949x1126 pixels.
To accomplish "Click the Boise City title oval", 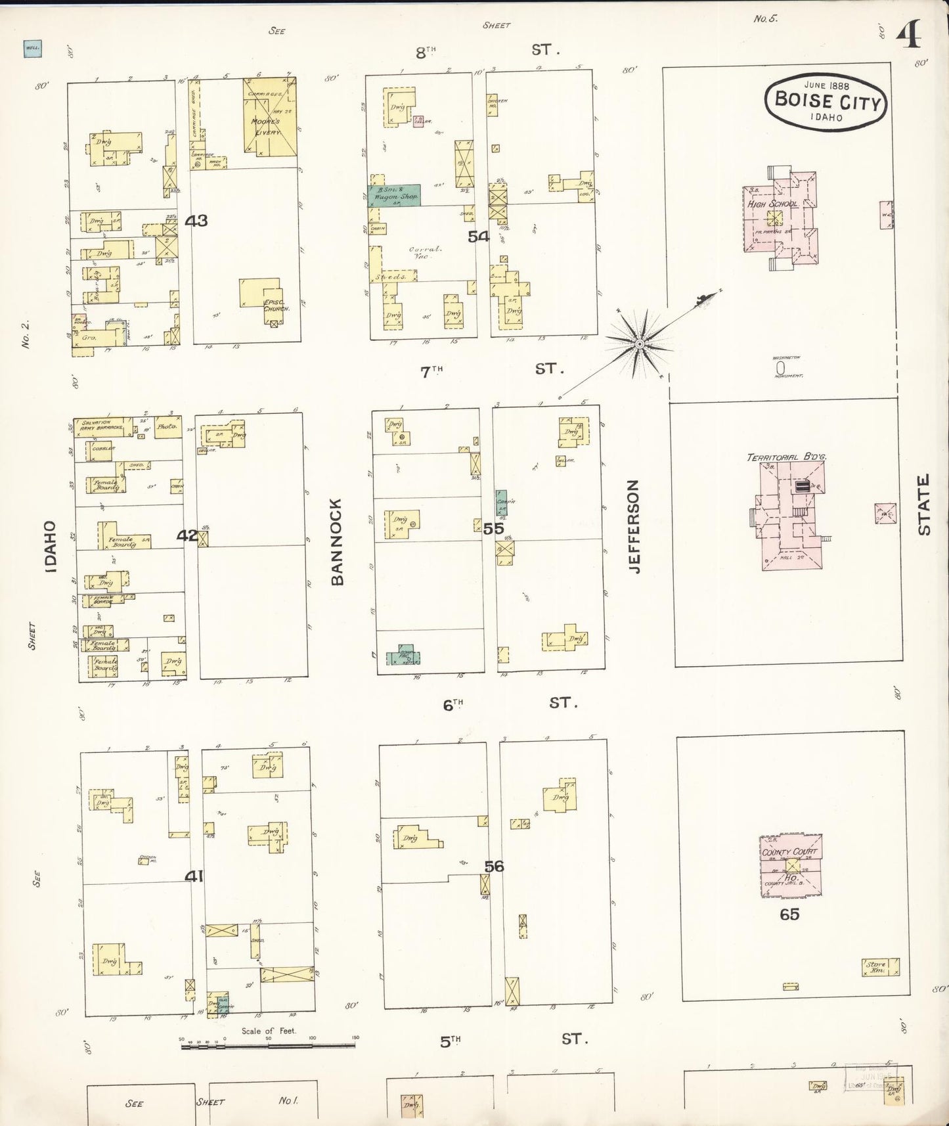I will click(826, 101).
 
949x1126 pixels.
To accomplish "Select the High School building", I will click(782, 217).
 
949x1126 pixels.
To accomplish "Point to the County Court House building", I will click(791, 865).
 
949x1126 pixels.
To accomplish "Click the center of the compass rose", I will click(639, 344).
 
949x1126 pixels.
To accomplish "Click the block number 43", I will click(196, 221).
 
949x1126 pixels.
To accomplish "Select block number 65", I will click(789, 914).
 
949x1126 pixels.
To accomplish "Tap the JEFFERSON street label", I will click(634, 526).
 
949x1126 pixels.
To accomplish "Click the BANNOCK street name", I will click(337, 542).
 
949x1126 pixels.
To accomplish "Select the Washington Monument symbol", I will click(781, 368).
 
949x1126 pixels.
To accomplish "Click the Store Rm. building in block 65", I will click(880, 967).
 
